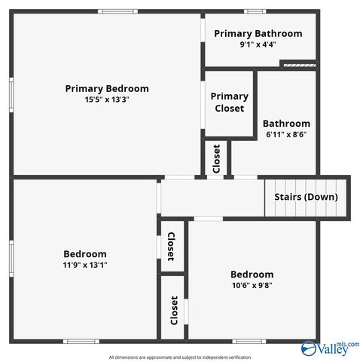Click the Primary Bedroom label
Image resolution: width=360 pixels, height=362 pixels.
107,88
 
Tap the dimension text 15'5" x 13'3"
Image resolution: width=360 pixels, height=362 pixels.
107,100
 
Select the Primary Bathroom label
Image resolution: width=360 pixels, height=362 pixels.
258,33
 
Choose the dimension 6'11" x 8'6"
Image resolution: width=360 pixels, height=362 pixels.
286,134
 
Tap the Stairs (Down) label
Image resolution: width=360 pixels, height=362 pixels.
306,197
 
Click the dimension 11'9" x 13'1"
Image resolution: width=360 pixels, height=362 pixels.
85,265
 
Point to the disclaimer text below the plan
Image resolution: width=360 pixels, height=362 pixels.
180,357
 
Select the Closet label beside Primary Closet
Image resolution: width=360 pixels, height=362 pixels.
217,158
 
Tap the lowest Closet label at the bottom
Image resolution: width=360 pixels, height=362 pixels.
174,309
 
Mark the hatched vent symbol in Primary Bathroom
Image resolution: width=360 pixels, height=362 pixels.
297,64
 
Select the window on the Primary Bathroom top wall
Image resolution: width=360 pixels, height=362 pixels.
255,11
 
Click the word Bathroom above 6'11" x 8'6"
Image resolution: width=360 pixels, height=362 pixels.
286,124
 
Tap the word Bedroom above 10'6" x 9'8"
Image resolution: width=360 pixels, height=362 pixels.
252,275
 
